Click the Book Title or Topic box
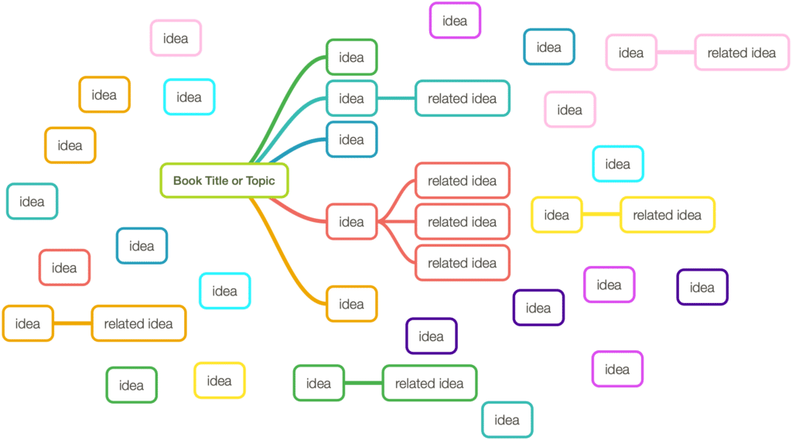pyautogui.click(x=224, y=180)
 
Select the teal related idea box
pyautogui.click(x=463, y=98)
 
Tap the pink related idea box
pyautogui.click(x=742, y=53)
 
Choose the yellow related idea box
pyautogui.click(x=667, y=215)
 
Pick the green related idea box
pyautogui.click(x=429, y=384)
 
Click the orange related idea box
pyautogui.click(x=138, y=323)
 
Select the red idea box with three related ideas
pyautogui.click(x=352, y=221)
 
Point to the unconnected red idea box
pyautogui.click(x=64, y=268)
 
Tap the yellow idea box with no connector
pyautogui.click(x=219, y=380)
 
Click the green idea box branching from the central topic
pyautogui.click(x=352, y=57)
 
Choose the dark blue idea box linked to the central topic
pyautogui.click(x=352, y=139)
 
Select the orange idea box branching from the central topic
pyautogui.click(x=352, y=304)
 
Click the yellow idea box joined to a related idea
pyautogui.click(x=557, y=215)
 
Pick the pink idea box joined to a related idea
pyautogui.click(x=631, y=53)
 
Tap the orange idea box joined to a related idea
pyautogui.click(x=28, y=323)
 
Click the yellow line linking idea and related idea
pyautogui.click(x=601, y=214)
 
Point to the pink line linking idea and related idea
pyautogui.click(x=676, y=52)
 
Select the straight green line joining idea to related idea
pyautogui.click(x=364, y=383)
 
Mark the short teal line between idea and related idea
pyautogui.click(x=396, y=98)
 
